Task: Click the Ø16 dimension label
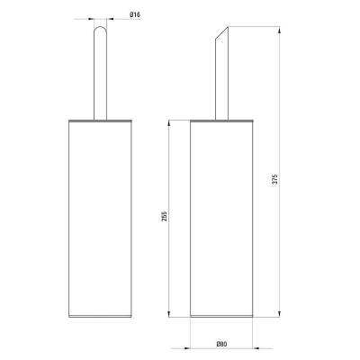(x=135, y=14)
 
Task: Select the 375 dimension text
(x=275, y=179)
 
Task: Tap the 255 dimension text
(x=164, y=216)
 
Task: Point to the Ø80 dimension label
(x=221, y=344)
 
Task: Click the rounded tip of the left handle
(x=100, y=28)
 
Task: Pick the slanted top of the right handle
(x=221, y=32)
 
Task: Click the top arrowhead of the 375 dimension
(x=279, y=31)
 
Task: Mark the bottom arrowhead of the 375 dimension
(x=279, y=314)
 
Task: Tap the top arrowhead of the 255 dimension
(x=169, y=123)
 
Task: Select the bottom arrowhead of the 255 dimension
(x=169, y=314)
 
